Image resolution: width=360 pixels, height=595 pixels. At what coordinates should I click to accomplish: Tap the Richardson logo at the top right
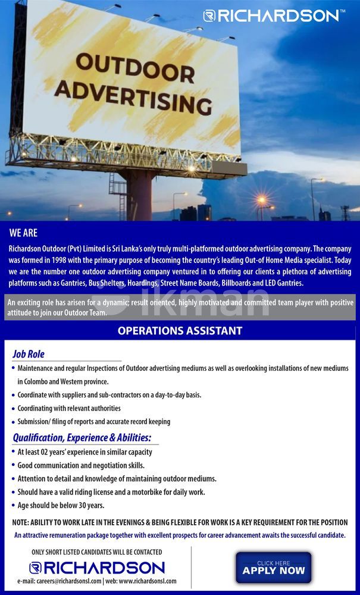click(273, 15)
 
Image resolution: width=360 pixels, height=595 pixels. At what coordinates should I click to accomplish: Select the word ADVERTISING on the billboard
click(137, 97)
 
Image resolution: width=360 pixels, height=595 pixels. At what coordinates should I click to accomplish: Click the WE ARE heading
click(23, 233)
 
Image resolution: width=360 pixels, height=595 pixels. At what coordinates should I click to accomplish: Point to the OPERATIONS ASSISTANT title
click(180, 330)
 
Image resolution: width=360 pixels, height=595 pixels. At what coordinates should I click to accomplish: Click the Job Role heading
click(29, 354)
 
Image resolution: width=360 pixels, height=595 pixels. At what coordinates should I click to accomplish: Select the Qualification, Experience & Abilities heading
click(86, 438)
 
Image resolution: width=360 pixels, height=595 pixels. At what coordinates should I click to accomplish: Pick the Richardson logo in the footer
click(97, 567)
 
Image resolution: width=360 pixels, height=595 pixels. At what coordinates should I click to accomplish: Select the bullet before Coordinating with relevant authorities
click(13, 409)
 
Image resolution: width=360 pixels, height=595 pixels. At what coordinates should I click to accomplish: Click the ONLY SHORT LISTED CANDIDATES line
click(96, 552)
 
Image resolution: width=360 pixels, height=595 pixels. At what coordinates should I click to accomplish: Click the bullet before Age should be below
click(13, 506)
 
